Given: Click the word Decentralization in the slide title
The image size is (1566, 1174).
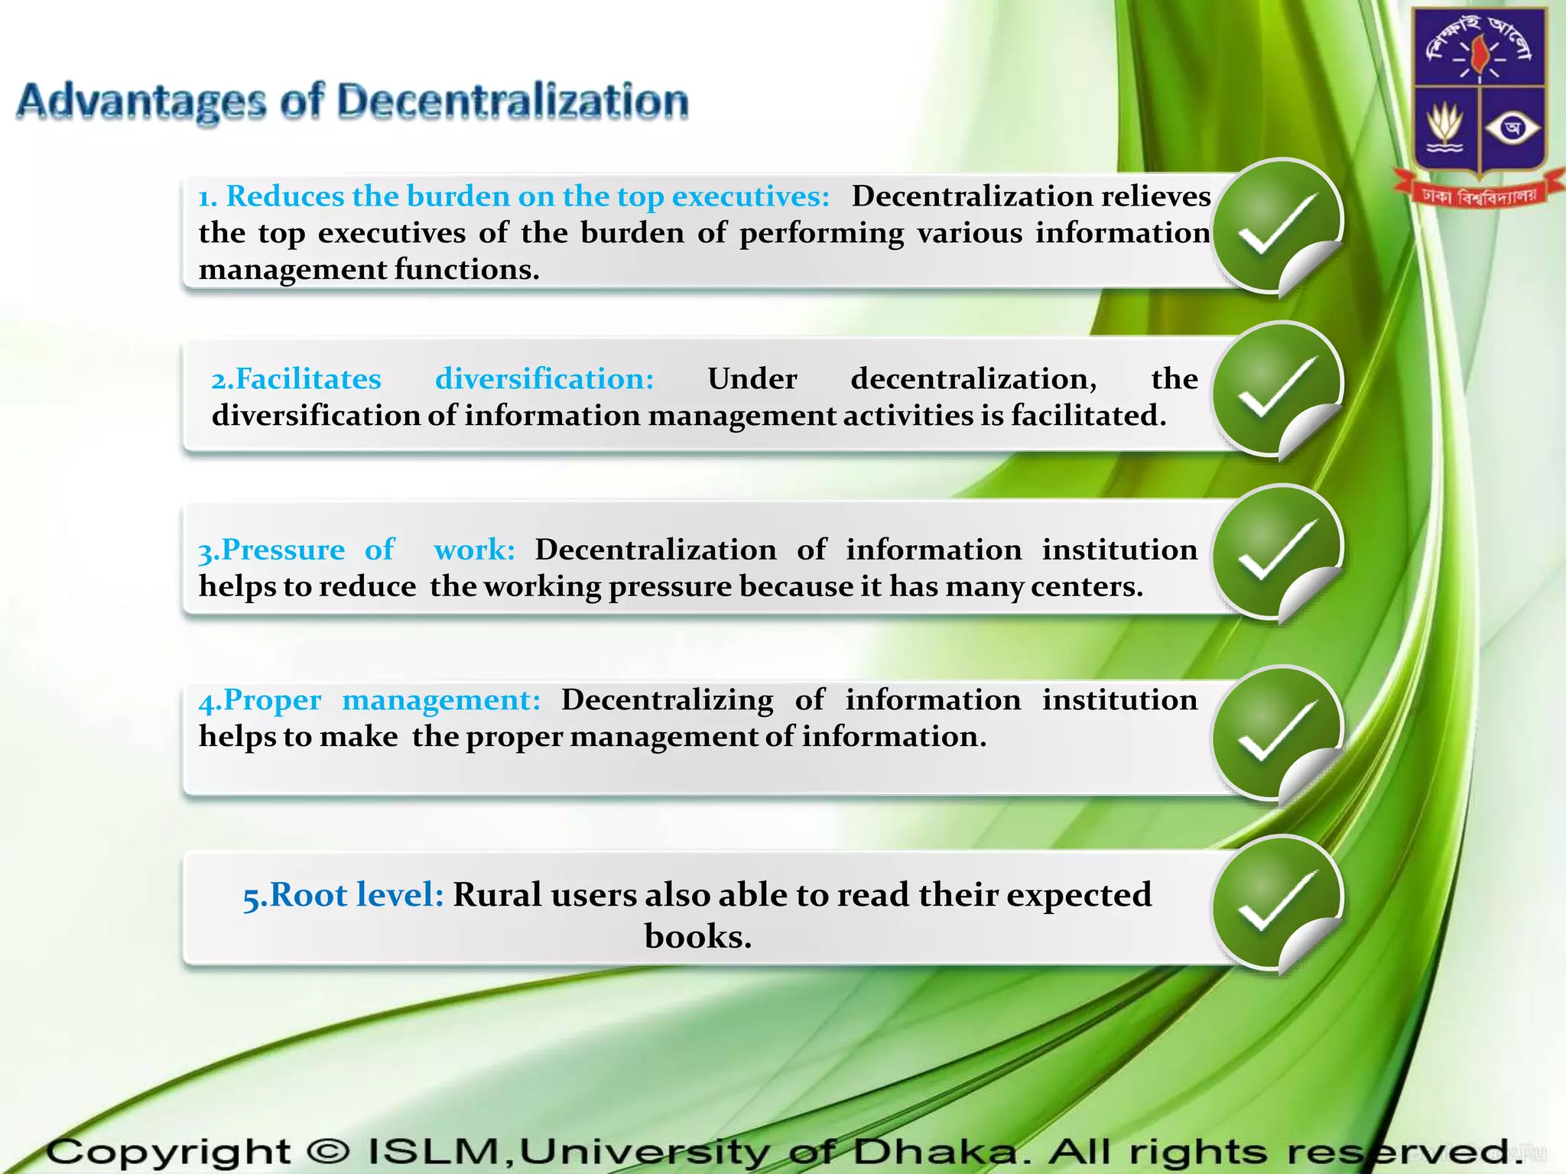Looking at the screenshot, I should point(512,101).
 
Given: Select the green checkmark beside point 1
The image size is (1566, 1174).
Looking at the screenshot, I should point(1278,225).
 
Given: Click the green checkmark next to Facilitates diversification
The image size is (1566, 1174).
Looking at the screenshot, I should point(1278,388).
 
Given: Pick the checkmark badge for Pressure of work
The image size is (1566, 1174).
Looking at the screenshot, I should point(1278,552).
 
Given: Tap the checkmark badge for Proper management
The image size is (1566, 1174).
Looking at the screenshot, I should point(1278,732).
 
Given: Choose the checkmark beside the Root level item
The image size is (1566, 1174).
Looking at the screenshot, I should point(1278,902).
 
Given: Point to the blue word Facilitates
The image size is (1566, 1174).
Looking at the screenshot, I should point(307,378).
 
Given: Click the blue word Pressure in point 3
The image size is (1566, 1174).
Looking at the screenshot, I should point(283,550).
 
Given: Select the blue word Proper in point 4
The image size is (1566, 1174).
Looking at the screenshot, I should point(272,699).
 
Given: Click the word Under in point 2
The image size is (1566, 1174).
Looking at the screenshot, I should point(752,378).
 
